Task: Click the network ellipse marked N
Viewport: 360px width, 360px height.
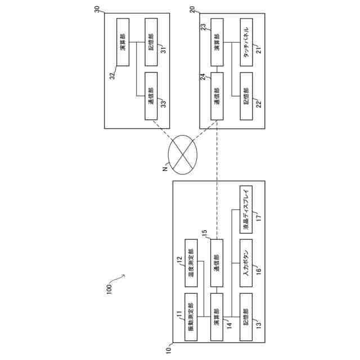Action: pyautogui.click(x=183, y=152)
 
